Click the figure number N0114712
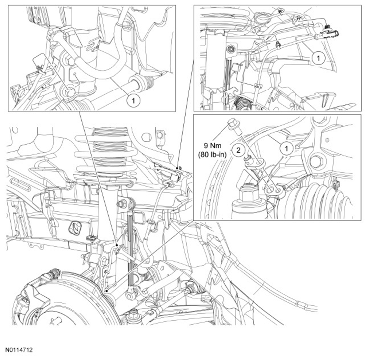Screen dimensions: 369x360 pyautogui.click(x=19, y=350)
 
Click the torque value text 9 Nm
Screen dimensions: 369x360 pyautogui.click(x=212, y=146)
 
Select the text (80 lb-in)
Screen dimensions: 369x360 pyautogui.click(x=212, y=154)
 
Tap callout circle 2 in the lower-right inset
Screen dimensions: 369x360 pyautogui.click(x=238, y=150)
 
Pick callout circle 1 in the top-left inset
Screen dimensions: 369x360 pyautogui.click(x=133, y=101)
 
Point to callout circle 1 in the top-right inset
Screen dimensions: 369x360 pyautogui.click(x=319, y=58)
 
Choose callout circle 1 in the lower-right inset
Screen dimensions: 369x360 pyautogui.click(x=287, y=149)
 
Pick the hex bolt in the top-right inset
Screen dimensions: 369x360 pyautogui.click(x=230, y=49)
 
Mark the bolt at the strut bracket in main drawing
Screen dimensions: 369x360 pyautogui.click(x=122, y=203)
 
